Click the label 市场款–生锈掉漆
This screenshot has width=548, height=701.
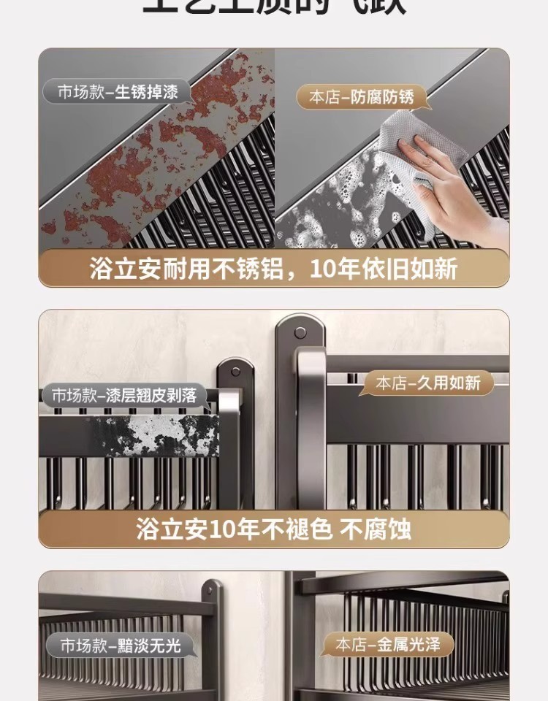[117, 92]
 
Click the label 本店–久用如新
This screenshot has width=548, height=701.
[427, 382]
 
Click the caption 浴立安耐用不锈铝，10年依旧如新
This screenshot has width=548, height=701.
[273, 268]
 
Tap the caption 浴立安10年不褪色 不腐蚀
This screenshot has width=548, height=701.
[273, 529]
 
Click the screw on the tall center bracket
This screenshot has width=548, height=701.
[300, 333]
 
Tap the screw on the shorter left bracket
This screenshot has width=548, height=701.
[235, 375]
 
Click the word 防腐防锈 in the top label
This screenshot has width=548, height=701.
[382, 97]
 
